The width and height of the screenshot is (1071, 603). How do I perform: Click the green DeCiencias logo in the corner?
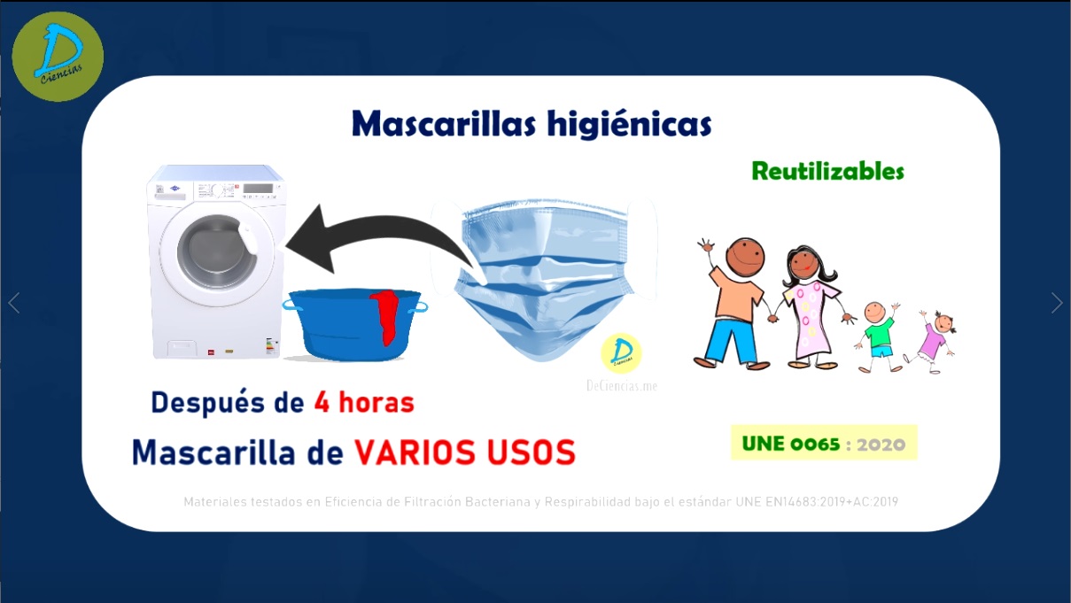tap(58, 57)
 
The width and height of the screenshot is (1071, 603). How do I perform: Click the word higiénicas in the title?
tap(629, 124)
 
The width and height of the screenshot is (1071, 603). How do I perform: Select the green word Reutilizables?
tap(827, 171)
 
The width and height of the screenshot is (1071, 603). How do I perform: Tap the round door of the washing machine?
tap(218, 253)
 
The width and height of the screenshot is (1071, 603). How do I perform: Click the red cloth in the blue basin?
tap(385, 316)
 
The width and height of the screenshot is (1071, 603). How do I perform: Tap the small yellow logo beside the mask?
tap(621, 353)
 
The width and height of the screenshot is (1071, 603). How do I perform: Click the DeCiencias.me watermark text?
tap(622, 385)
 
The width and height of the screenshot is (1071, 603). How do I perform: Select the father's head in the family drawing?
tap(745, 256)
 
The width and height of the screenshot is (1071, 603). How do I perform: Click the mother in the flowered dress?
tap(810, 306)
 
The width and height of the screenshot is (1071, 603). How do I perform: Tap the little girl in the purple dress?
tap(932, 341)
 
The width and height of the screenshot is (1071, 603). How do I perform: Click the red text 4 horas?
tap(364, 402)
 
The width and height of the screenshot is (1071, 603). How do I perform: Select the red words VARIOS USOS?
tap(465, 452)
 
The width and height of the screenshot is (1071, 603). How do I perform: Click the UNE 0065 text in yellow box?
tap(791, 444)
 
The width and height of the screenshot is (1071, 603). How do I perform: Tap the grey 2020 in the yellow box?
tap(881, 445)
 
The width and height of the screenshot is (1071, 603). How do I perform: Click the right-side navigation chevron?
tap(1057, 303)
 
